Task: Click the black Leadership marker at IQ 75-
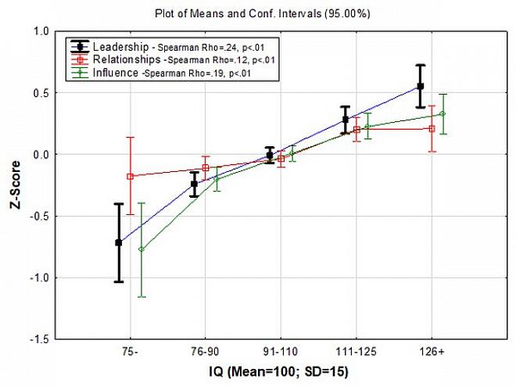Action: point(119,242)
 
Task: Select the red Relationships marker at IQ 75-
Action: point(130,177)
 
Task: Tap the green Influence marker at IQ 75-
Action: point(142,249)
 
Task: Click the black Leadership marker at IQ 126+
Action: point(421,86)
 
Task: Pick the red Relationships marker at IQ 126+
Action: point(432,128)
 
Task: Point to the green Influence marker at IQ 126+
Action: point(443,114)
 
